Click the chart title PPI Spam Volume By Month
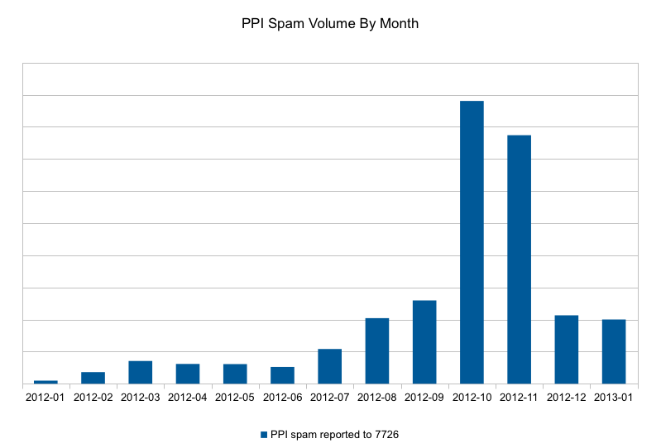[x=330, y=24]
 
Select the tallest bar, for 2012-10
[x=472, y=242]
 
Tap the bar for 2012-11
[x=519, y=260]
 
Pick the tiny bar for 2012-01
[x=46, y=382]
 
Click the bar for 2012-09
[x=424, y=342]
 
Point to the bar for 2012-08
[x=377, y=350]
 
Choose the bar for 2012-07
[x=329, y=366]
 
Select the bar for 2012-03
[x=141, y=372]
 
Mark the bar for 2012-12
[x=566, y=350]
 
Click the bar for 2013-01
[x=614, y=351]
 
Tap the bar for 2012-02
[x=93, y=378]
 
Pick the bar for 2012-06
[x=282, y=375]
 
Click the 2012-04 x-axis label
[x=188, y=398]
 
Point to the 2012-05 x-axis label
[x=235, y=398]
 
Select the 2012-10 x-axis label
[x=472, y=398]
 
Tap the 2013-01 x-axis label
[x=613, y=398]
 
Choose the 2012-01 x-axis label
[x=46, y=398]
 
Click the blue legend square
[x=264, y=435]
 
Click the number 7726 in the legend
[x=386, y=435]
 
